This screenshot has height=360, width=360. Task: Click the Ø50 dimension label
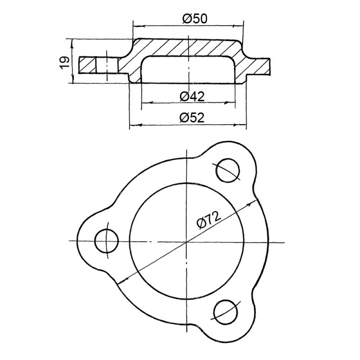(x=195, y=19)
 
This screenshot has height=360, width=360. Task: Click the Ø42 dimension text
(x=192, y=96)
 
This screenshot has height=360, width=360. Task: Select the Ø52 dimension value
(x=192, y=118)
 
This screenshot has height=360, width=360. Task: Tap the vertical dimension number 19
(x=65, y=62)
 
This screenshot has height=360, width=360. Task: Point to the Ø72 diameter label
(x=209, y=219)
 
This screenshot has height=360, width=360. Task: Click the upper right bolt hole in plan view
(x=228, y=170)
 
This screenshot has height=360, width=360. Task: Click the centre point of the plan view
(x=187, y=242)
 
